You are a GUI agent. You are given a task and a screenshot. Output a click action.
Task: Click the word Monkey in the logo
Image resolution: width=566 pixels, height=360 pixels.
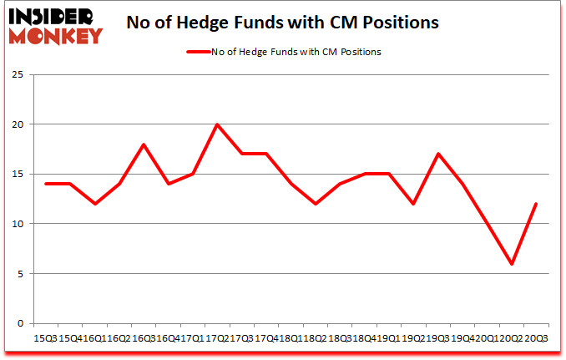(x=57, y=35)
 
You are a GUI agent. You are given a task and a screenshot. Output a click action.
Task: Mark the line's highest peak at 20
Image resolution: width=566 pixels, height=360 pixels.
(x=217, y=124)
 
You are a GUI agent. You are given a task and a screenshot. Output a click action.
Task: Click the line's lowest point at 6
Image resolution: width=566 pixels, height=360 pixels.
(x=511, y=264)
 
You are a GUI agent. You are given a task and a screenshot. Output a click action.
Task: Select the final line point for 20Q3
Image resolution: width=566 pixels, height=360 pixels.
(x=535, y=204)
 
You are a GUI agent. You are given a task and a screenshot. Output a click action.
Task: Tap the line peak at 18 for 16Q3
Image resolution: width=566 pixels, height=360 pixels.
(x=144, y=145)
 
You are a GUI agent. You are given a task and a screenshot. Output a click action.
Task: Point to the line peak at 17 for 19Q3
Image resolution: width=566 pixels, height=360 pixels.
(x=437, y=154)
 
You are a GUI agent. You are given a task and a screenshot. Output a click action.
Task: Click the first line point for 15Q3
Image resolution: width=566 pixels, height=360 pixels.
(x=46, y=184)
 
